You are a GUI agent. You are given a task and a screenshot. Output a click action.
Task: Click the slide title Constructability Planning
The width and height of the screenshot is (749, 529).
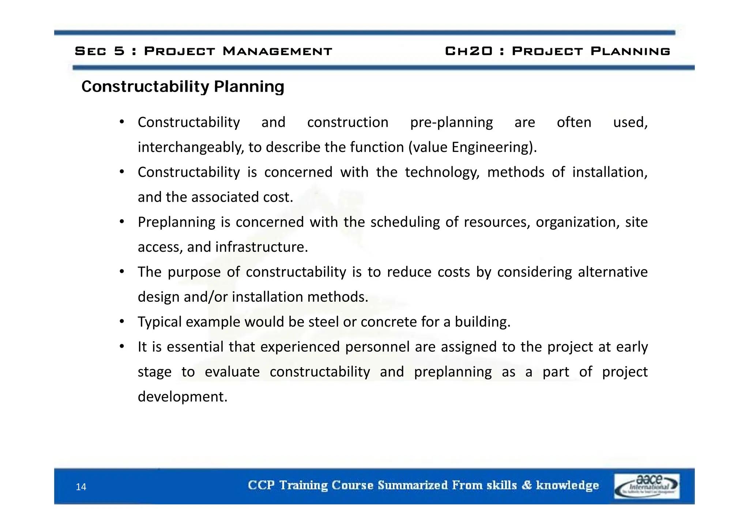pyautogui.click(x=182, y=87)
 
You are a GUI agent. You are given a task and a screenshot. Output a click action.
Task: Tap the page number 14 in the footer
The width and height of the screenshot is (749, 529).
pyautogui.click(x=81, y=487)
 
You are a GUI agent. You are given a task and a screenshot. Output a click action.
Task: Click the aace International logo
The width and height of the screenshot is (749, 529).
pyautogui.click(x=646, y=486)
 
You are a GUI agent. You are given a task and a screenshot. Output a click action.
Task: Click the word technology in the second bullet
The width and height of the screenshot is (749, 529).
pyautogui.click(x=442, y=172)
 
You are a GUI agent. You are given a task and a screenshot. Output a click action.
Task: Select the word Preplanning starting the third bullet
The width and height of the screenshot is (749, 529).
pyautogui.click(x=176, y=222)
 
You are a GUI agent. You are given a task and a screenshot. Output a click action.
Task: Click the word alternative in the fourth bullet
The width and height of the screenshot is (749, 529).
pyautogui.click(x=613, y=272)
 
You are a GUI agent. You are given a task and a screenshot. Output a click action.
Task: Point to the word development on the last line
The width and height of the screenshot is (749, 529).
pyautogui.click(x=182, y=397)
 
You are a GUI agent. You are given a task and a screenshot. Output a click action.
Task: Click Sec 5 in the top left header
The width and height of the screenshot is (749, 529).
pyautogui.click(x=99, y=51)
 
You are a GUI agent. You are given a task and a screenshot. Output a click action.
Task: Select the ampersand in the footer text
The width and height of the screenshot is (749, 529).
pyautogui.click(x=526, y=485)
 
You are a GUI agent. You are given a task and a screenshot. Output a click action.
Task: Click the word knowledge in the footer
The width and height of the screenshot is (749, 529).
pyautogui.click(x=567, y=485)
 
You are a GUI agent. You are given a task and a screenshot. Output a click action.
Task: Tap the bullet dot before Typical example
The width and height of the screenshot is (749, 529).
pyautogui.click(x=122, y=321)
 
